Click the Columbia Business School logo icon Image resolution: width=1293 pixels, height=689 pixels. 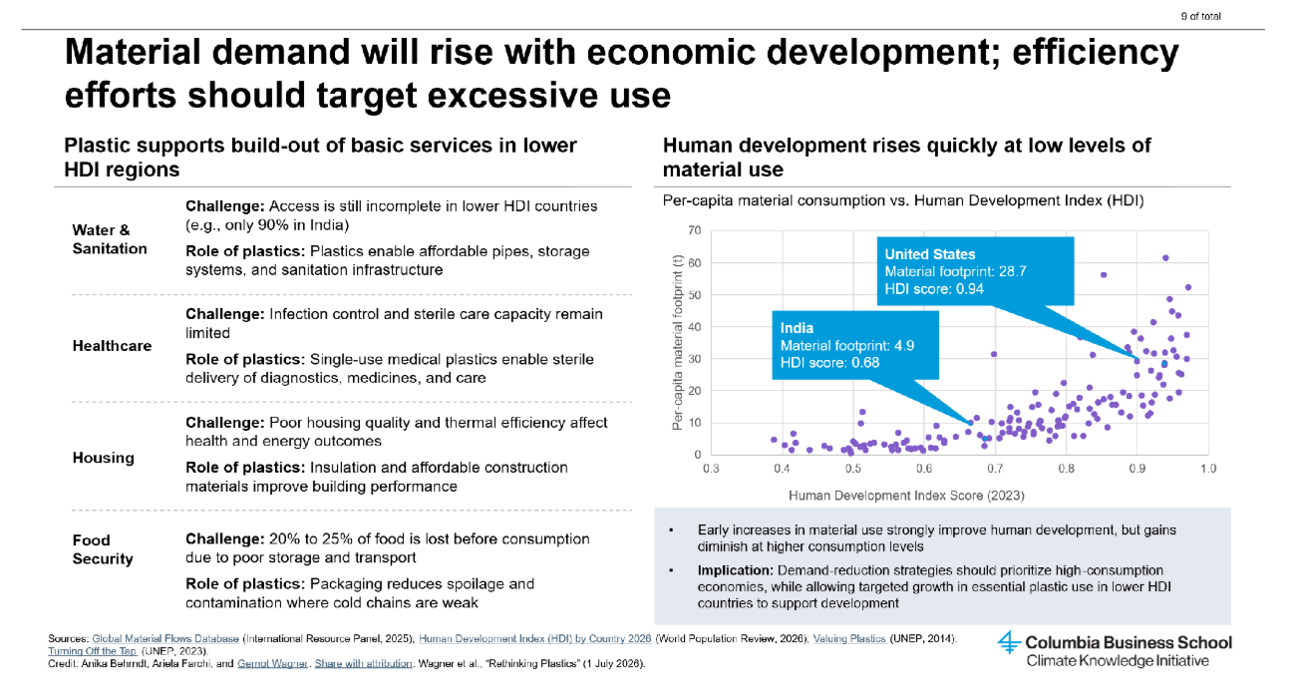[x=1010, y=642]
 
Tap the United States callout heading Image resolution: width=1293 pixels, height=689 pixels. [x=929, y=254]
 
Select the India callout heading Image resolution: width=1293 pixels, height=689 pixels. [x=797, y=328]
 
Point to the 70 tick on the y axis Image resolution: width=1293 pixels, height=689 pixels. [x=695, y=230]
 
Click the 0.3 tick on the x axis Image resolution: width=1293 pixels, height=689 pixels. [x=711, y=469]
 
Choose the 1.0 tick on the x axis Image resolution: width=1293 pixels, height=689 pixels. [x=1208, y=469]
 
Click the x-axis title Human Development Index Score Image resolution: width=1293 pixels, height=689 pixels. [x=906, y=496]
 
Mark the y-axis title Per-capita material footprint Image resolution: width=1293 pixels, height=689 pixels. [x=677, y=342]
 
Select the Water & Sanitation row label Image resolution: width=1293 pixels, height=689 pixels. [x=110, y=239]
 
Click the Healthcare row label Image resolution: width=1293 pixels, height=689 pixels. [x=112, y=345]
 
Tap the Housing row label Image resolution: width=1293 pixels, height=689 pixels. [x=104, y=458]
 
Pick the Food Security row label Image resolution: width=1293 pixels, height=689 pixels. [x=103, y=549]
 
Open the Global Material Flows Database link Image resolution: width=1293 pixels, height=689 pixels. [x=165, y=639]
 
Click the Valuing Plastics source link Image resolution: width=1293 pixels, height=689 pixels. [x=849, y=639]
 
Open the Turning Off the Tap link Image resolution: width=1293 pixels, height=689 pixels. [x=93, y=651]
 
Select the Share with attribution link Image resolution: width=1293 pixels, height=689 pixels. [x=363, y=664]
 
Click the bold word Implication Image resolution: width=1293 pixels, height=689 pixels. [x=735, y=570]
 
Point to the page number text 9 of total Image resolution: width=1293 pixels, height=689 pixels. [x=1200, y=16]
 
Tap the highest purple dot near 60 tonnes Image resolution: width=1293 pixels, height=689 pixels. [x=1165, y=258]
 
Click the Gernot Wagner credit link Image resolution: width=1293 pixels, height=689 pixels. [x=272, y=664]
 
